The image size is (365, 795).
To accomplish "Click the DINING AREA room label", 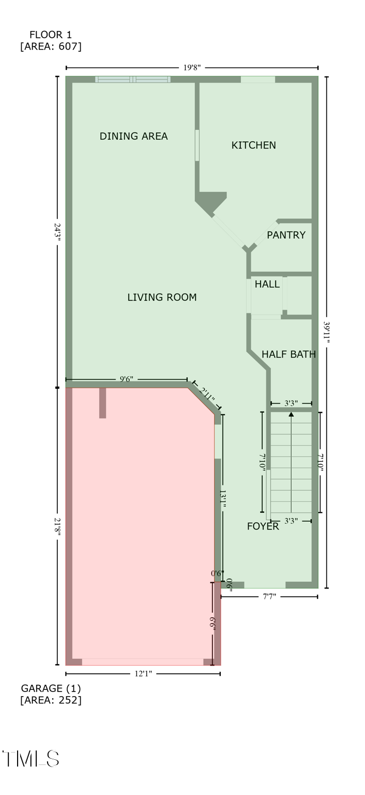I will [133, 136].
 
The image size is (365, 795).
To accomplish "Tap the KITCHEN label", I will [253, 145].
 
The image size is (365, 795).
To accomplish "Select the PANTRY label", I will [286, 235].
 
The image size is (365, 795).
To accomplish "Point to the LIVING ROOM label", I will [162, 297].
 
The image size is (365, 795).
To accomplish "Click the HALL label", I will [267, 284].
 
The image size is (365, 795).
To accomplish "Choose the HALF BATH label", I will [288, 355].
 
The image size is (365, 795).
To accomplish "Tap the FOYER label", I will [263, 526].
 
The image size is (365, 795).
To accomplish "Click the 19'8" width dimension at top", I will [191, 67].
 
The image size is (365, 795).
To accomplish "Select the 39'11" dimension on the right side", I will [327, 330].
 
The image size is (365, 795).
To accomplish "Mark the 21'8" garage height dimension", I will [57, 527].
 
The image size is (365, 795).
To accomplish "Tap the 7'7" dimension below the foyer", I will [269, 597].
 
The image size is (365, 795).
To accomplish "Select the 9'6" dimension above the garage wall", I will [127, 379].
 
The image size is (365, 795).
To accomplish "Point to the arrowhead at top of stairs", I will [291, 414].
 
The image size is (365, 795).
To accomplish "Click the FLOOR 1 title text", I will [51, 35].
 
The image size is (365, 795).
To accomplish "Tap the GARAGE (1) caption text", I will [51, 688].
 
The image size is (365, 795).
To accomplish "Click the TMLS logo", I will [31, 759].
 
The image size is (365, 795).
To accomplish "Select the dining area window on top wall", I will [133, 79].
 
